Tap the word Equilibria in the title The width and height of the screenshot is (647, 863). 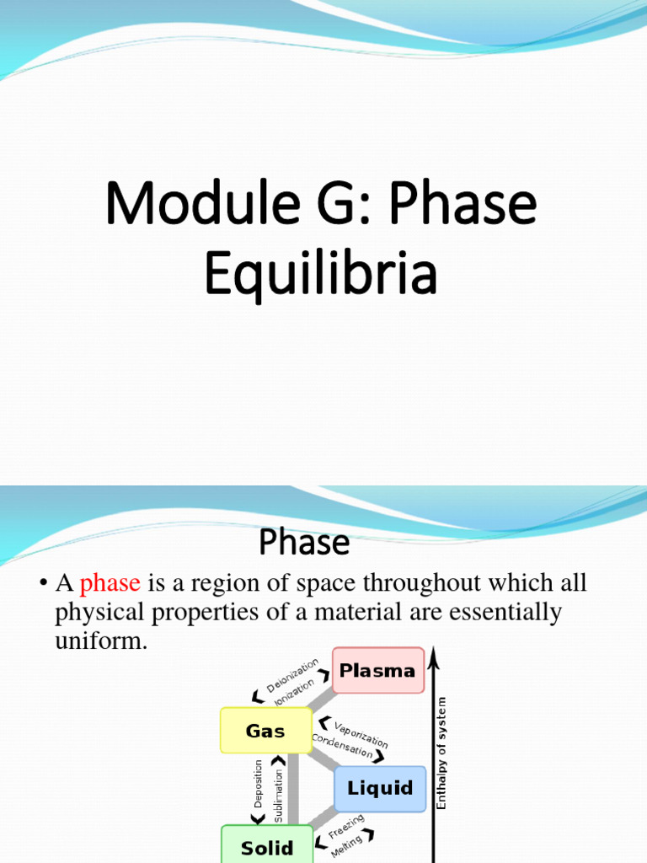point(321,276)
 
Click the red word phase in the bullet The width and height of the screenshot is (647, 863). point(110,583)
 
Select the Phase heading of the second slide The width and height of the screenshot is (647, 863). point(304,543)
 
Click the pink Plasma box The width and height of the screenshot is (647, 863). point(377,671)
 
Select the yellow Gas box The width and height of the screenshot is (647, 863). point(265,731)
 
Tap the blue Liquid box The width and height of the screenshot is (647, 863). point(380,789)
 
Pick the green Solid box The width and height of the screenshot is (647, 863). point(267,847)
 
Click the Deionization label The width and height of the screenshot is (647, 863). point(292,675)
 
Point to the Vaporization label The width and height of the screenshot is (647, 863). point(361,734)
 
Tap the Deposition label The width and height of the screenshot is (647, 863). point(259,785)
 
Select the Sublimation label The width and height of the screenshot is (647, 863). point(279,789)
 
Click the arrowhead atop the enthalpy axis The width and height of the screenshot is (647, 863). point(433,652)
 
